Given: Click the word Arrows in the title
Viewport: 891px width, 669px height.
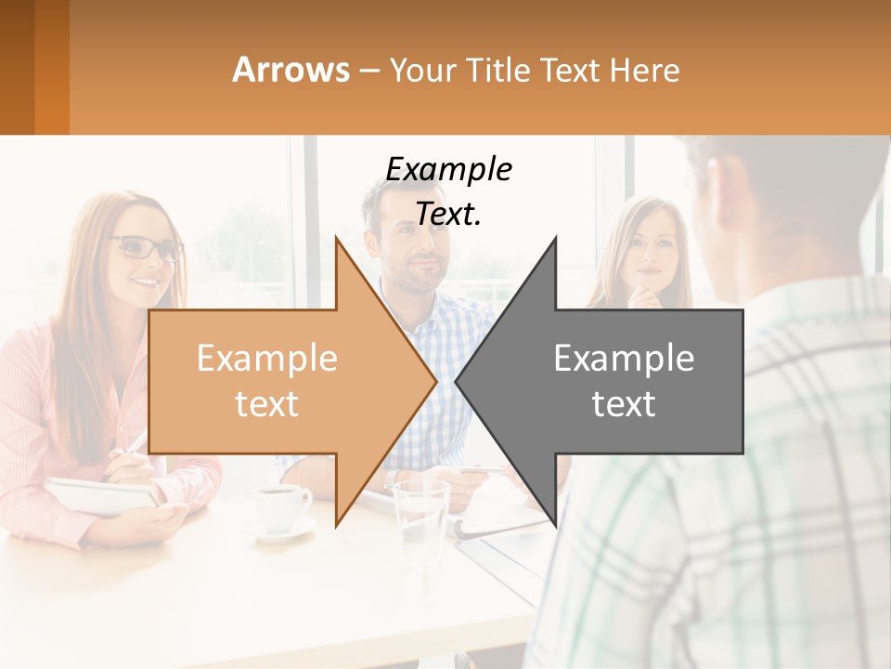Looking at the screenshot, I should click(x=291, y=70).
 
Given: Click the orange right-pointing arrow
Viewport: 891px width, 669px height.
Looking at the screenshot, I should click(x=278, y=381).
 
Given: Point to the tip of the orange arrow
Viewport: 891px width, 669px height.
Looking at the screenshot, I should click(x=434, y=381).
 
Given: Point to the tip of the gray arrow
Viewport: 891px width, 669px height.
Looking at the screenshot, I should click(x=457, y=381).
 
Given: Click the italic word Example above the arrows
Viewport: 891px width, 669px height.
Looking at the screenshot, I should click(x=448, y=169).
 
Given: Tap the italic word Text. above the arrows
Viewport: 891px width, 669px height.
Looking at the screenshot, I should click(x=448, y=215).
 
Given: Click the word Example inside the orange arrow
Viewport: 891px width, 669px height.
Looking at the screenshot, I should click(x=267, y=358).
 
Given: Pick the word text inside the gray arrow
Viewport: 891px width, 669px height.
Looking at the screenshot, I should click(x=624, y=403).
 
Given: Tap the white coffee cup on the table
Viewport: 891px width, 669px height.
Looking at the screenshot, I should click(x=281, y=507).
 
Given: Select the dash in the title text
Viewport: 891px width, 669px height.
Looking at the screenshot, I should click(x=368, y=71).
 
